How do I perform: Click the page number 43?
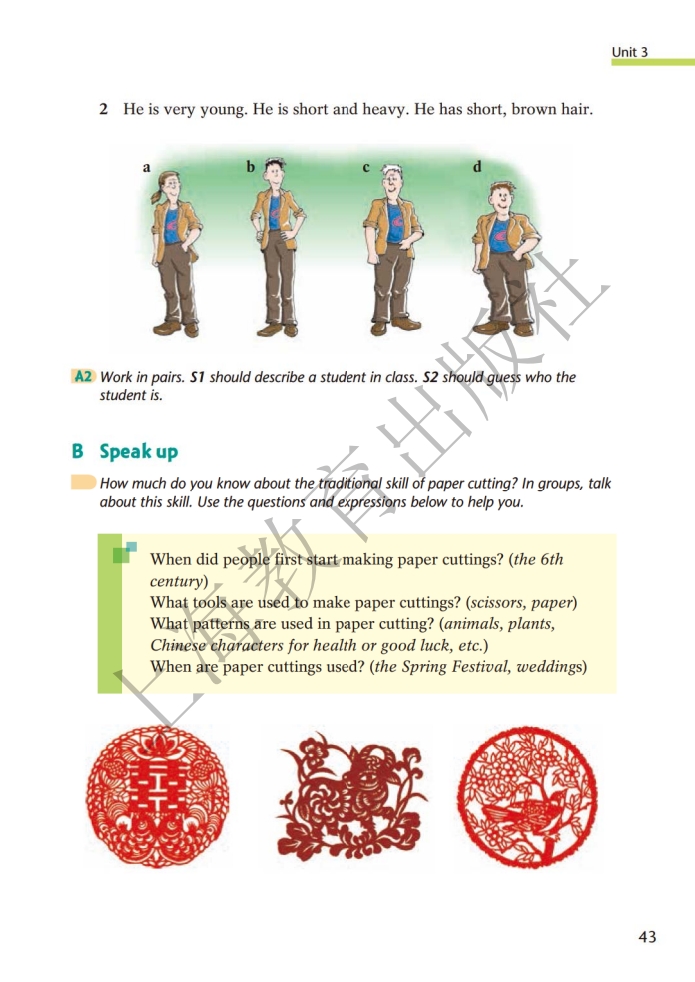647,937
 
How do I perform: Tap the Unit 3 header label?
629,52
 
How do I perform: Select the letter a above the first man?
147,167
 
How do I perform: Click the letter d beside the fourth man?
477,167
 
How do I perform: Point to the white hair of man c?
392,170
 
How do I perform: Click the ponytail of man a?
156,195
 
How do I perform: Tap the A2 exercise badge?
83,376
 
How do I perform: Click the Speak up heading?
138,452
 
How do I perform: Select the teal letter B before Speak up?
78,451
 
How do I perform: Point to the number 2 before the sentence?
103,109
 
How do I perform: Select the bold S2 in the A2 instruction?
431,377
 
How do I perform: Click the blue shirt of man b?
274,213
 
